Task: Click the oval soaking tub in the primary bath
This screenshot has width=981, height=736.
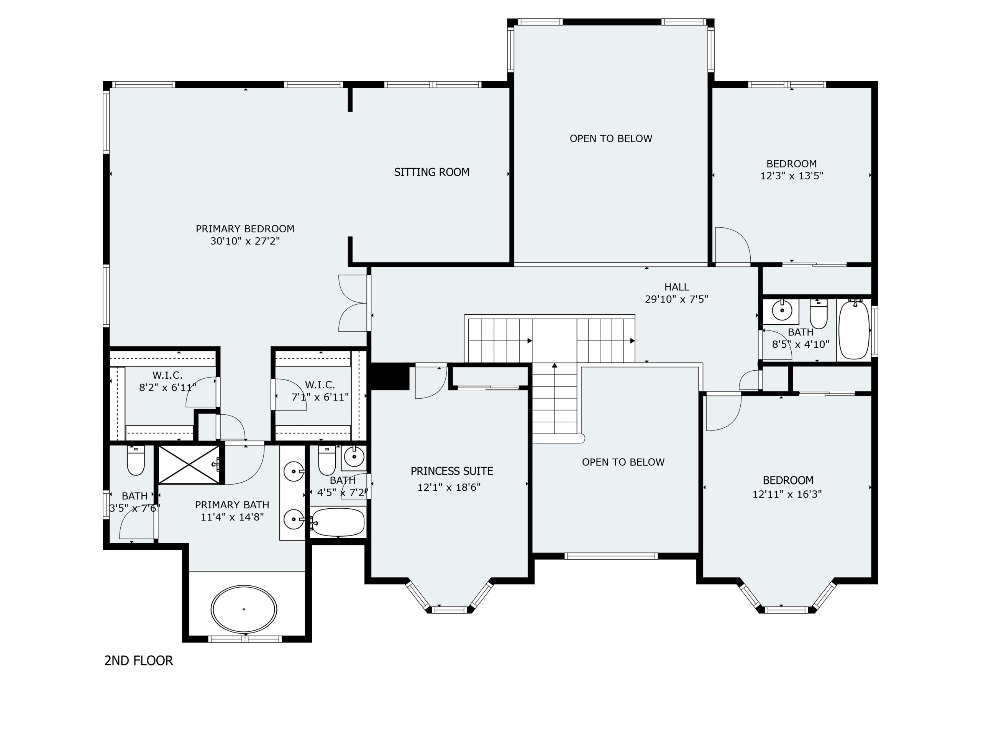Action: click(x=244, y=609)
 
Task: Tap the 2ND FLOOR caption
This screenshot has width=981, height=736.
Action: click(x=138, y=661)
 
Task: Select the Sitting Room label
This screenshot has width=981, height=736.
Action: click(x=431, y=172)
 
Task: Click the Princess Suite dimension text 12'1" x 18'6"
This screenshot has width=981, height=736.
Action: click(x=449, y=488)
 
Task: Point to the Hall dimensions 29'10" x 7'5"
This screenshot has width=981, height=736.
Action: click(x=676, y=299)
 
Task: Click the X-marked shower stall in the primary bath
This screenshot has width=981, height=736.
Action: click(x=189, y=465)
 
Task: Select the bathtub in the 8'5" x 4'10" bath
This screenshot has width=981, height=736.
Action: click(x=855, y=330)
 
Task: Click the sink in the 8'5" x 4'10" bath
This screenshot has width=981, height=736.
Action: click(x=781, y=310)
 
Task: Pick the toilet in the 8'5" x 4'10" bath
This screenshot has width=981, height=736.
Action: click(x=819, y=314)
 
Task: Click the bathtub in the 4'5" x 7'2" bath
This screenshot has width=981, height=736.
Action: click(x=338, y=522)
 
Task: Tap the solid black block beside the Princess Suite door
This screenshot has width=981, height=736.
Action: click(x=389, y=376)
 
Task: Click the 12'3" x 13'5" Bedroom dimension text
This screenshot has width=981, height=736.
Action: click(x=792, y=176)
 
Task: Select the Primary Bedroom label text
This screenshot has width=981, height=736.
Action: click(x=245, y=229)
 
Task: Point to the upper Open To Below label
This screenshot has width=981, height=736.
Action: click(x=611, y=139)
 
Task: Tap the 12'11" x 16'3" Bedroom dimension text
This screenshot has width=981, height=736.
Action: click(x=787, y=494)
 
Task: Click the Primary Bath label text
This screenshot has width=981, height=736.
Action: click(x=232, y=505)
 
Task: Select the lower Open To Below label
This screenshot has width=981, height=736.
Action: click(x=623, y=462)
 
